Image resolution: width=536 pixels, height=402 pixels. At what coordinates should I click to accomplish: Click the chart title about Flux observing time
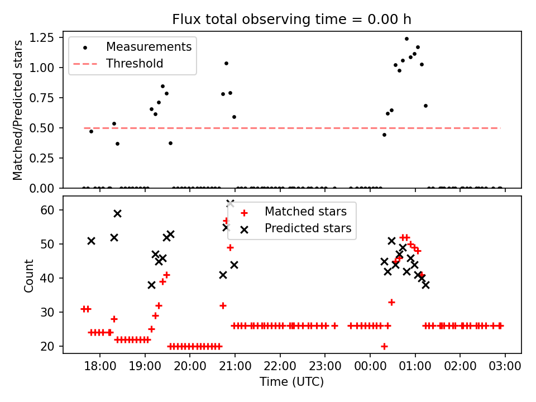pos(291,20)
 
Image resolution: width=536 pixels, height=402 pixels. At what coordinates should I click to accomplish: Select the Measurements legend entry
pos(149,46)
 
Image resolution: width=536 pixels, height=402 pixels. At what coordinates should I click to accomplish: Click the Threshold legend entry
pos(135,64)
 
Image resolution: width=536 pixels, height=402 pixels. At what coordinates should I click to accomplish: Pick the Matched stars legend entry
pos(305,212)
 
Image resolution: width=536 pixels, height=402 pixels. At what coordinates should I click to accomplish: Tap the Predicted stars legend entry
pos(308,228)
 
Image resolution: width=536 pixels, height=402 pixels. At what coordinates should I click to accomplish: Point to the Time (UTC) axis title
pos(291,382)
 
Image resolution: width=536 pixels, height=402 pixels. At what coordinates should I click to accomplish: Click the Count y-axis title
pos(29,275)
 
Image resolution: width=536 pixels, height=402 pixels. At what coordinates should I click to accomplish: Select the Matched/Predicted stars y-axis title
pos(18,110)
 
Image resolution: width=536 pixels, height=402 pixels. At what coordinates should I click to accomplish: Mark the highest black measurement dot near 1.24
pos(406,39)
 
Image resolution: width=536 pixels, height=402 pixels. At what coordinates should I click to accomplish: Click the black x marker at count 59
pos(117,213)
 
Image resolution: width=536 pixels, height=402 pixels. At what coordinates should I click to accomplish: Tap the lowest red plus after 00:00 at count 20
pos(384,346)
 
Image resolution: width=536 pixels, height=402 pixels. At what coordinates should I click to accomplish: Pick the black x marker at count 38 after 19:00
pos(151,285)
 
